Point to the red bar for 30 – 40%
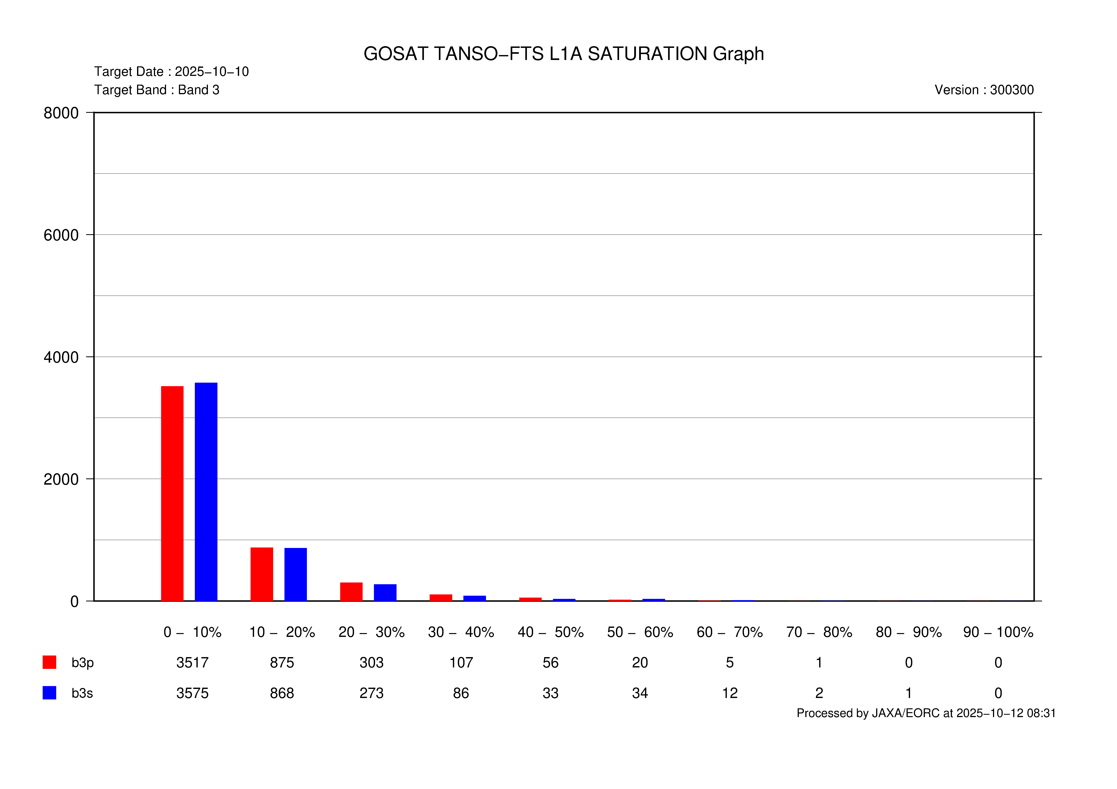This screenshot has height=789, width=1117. (x=441, y=597)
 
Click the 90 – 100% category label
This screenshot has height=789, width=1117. (x=998, y=632)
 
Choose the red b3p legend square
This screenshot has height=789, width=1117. (x=49, y=662)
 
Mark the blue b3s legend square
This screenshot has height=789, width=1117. (x=49, y=693)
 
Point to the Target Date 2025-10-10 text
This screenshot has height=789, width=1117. (x=171, y=71)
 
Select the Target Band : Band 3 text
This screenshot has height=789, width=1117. (x=157, y=90)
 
